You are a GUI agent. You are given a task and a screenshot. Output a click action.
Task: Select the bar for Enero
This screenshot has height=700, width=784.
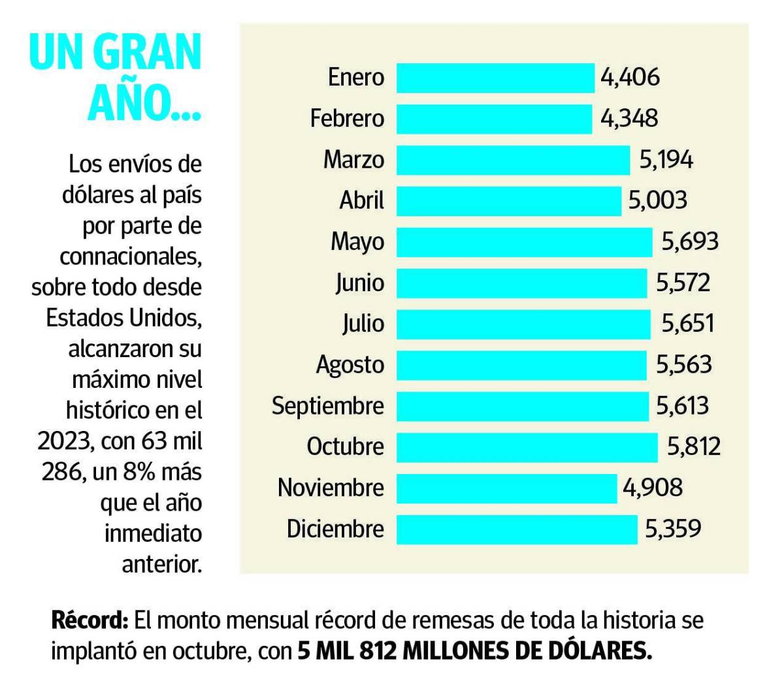tap(495, 78)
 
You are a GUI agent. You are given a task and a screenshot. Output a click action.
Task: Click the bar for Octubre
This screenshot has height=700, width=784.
tap(527, 447)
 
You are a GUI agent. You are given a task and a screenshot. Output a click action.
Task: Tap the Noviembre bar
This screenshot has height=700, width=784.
tap(506, 488)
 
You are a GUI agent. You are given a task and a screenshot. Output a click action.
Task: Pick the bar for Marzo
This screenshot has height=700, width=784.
tap(513, 160)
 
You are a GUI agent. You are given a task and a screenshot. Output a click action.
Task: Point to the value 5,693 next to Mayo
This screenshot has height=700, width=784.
tap(690, 242)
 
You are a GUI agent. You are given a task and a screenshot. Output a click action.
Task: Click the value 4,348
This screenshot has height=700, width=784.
tap(629, 119)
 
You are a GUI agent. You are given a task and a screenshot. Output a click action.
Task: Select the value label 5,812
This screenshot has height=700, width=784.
tap(693, 447)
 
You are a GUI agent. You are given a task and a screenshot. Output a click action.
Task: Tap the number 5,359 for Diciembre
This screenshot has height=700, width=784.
tap(673, 529)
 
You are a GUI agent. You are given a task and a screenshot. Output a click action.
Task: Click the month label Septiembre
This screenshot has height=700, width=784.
tap(328, 406)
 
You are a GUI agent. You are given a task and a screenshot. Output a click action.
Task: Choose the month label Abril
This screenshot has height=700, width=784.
tap(361, 200)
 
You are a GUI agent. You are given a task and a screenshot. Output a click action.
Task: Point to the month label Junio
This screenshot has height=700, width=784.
tap(359, 283)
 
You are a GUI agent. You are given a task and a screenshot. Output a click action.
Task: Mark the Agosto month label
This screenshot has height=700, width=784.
tap(350, 365)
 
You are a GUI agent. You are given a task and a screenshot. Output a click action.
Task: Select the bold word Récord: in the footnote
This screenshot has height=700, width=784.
tap(90, 620)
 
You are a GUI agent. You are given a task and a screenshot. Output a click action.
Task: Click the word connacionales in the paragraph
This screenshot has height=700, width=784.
tap(130, 257)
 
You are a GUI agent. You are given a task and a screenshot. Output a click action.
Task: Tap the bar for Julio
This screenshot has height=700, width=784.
tap(523, 324)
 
